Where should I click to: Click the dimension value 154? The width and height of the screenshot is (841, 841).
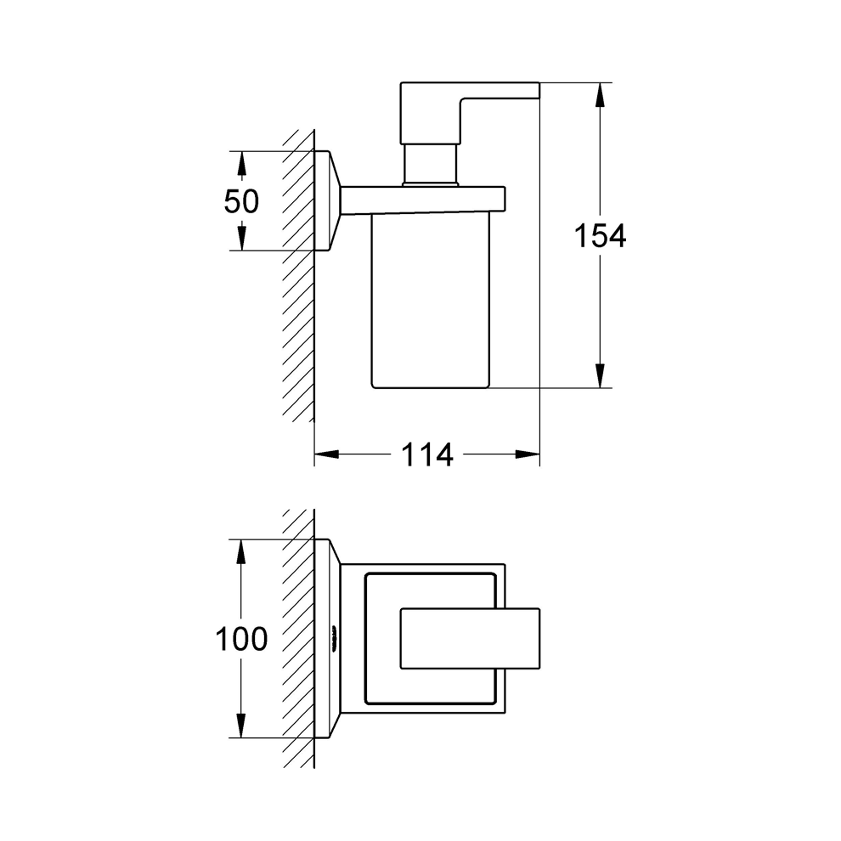pos(601,236)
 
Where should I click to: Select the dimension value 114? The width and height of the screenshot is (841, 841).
pos(427,454)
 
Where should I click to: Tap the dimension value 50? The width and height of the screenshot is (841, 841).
pos(241,201)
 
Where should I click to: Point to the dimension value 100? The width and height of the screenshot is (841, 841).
pos(241,639)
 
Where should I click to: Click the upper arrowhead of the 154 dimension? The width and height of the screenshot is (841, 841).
pos(601,95)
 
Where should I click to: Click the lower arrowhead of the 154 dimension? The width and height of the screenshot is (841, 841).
pos(601,375)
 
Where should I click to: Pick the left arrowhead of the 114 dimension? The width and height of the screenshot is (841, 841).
pos(327,454)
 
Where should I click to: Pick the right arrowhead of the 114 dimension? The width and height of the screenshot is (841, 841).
pos(528,454)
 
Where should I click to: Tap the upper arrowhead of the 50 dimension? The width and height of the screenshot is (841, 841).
pos(241,163)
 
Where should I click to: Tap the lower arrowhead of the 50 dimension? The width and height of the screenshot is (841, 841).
pos(241,238)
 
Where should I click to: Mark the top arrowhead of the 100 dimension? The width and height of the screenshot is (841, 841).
pos(241,551)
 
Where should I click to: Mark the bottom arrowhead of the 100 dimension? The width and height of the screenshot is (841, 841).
pos(241,725)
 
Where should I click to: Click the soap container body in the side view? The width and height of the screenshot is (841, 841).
pos(430,301)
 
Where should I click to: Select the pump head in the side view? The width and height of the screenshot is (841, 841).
pos(470,113)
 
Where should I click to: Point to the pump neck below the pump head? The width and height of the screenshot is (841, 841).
pos(431,164)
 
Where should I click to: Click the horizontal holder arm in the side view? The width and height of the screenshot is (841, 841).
pos(423,200)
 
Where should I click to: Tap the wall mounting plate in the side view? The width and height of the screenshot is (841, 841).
pos(327,200)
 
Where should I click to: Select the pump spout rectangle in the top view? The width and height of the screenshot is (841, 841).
pos(470,639)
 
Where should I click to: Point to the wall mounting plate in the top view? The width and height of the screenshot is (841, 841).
pos(327,638)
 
